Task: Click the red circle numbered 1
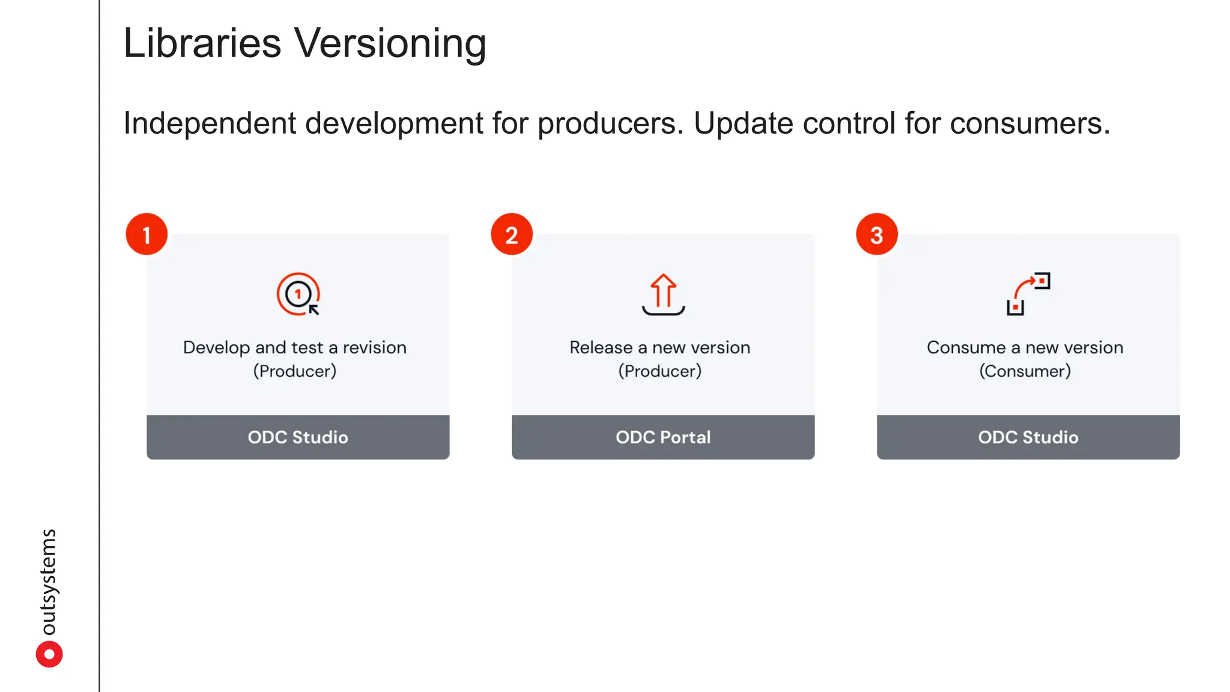[x=147, y=234]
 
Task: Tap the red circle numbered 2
[x=512, y=234]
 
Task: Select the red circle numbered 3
[x=877, y=234]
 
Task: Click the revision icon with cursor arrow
[x=298, y=294]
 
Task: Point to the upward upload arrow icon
[x=663, y=294]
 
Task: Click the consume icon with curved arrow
[x=1028, y=294]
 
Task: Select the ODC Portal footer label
[x=663, y=437]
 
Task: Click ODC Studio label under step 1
[x=298, y=437]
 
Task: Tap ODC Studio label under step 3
[x=1028, y=437]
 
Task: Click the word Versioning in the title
[x=390, y=44]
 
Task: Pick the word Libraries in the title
[x=202, y=44]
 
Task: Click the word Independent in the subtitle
[x=210, y=124]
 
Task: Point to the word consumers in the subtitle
[x=1029, y=124]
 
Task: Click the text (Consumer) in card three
[x=1025, y=371]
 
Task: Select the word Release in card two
[x=601, y=348]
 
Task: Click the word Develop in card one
[x=216, y=348]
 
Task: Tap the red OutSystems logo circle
[x=49, y=654]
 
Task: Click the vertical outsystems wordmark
[x=48, y=581]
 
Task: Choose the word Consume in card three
[x=966, y=348]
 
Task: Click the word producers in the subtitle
[x=610, y=124]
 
